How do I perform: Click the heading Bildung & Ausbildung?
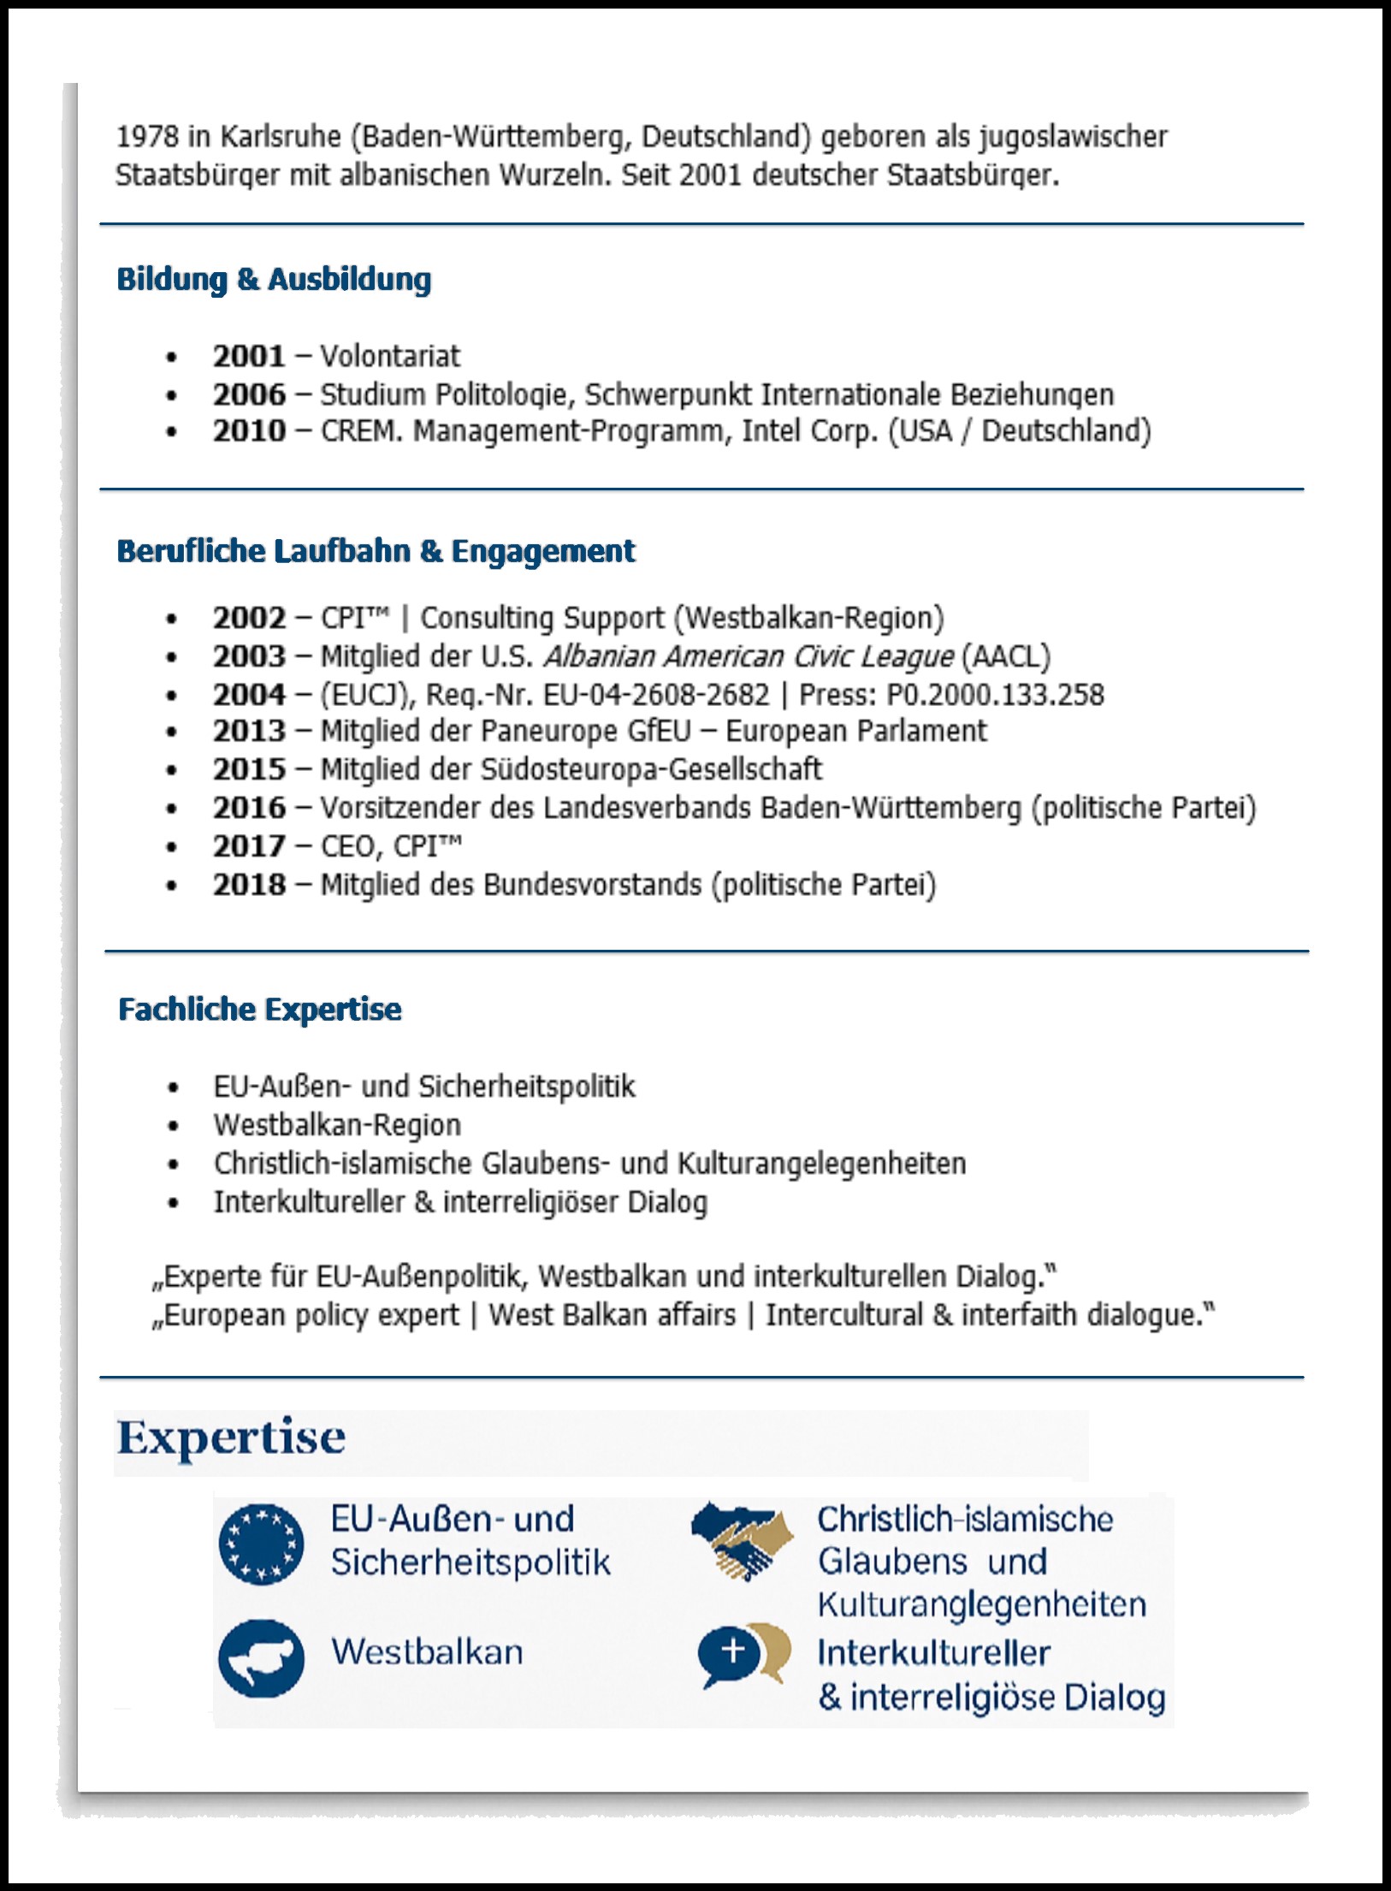tap(274, 280)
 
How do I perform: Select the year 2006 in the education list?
tap(249, 394)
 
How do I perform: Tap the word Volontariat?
tap(390, 356)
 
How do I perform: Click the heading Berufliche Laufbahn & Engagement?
tap(376, 551)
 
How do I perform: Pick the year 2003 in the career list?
tap(249, 656)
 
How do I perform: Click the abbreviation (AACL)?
tap(1006, 656)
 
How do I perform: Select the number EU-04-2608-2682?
tap(656, 695)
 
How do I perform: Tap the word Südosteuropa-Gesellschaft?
tap(651, 769)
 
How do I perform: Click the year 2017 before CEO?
tap(249, 846)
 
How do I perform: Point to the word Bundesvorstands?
tap(592, 885)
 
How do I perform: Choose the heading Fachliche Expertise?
tap(260, 1010)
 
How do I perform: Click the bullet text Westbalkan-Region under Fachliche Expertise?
tap(337, 1125)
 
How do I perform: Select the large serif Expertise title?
tap(231, 1438)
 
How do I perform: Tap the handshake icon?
tap(743, 1541)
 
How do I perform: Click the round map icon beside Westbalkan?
tap(261, 1658)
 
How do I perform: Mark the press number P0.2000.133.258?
tap(995, 695)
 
